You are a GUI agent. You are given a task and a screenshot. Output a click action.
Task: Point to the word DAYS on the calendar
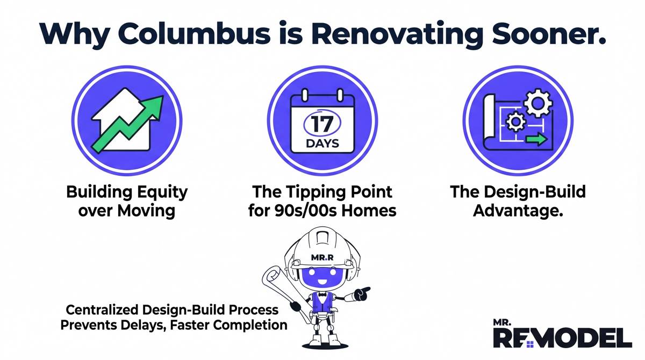pos(322,143)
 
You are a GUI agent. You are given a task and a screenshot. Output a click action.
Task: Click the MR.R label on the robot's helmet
pos(322,257)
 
